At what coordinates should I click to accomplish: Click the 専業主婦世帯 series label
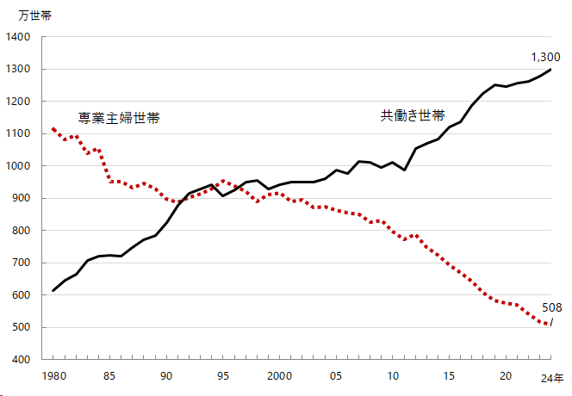tap(119, 118)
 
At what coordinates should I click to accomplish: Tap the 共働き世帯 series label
tap(413, 115)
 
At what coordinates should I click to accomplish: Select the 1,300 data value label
tap(545, 57)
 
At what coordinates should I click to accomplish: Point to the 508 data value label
tap(552, 307)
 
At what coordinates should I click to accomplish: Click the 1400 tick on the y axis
tap(18, 37)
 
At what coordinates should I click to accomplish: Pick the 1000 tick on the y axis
tap(18, 166)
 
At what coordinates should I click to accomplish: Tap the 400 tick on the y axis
tap(21, 360)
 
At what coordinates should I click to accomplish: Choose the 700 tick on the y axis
tap(21, 263)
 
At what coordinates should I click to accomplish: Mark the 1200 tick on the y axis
tap(18, 102)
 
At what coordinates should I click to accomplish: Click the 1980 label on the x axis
tap(53, 376)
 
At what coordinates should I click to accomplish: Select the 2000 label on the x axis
tap(279, 376)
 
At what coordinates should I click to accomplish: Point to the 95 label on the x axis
tap(223, 376)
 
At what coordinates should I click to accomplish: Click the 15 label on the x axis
tap(449, 376)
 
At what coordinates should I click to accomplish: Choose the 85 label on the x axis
tap(110, 376)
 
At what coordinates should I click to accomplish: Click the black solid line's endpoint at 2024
tap(551, 69)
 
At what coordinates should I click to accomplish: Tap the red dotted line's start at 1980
tap(53, 128)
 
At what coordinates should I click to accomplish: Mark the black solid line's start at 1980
tap(53, 290)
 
